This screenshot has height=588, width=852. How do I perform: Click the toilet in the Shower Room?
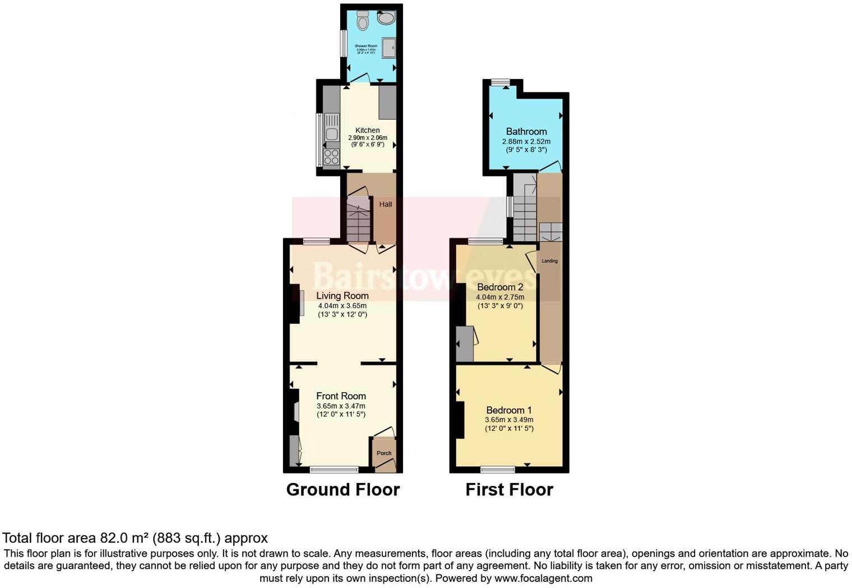[x=363, y=21]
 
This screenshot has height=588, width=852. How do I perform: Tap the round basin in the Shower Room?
[x=386, y=18]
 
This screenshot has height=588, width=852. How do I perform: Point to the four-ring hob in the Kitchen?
[x=331, y=157]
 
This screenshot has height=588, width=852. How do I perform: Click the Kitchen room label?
[x=367, y=130]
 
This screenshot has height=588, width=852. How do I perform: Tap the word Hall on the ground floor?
[x=386, y=204]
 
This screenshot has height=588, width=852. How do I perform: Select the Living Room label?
[x=342, y=296]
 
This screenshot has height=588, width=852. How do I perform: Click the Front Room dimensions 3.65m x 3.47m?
[x=341, y=406]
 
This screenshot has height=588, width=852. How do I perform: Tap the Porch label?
[x=384, y=453]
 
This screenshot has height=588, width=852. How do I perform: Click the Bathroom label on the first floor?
[x=526, y=131]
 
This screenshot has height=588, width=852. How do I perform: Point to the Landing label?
[x=549, y=261]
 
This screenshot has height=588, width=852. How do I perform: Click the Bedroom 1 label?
[x=509, y=410]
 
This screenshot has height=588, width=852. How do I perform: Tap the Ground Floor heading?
[x=342, y=490]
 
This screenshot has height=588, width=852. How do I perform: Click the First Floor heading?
[x=509, y=490]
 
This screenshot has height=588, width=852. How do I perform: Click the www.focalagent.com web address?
[x=543, y=578]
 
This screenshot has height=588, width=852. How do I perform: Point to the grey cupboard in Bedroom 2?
[x=465, y=343]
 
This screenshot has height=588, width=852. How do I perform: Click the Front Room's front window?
[x=335, y=470]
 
